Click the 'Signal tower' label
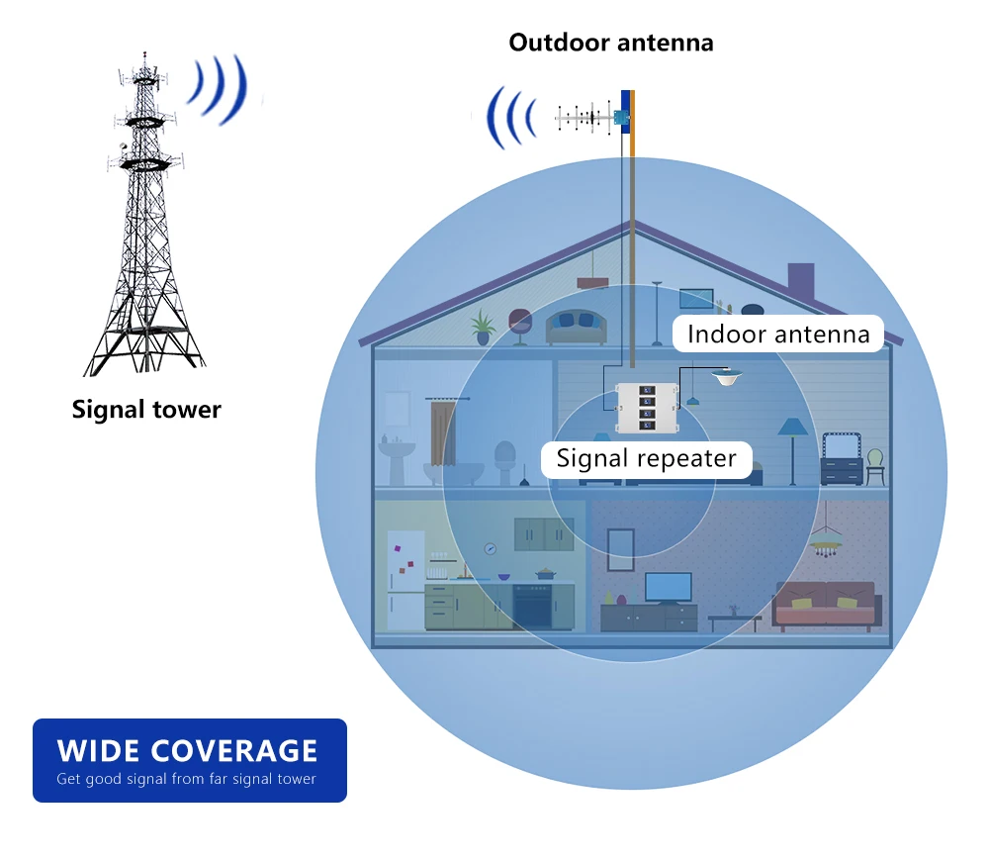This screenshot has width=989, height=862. pyautogui.click(x=146, y=409)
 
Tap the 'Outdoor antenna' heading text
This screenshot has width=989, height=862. pyautogui.click(x=610, y=43)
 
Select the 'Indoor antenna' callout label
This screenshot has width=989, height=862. pyautogui.click(x=778, y=334)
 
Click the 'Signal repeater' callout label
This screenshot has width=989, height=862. pyautogui.click(x=646, y=458)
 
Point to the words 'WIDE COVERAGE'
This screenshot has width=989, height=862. pyautogui.click(x=187, y=749)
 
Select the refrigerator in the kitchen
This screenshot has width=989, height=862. pyautogui.click(x=405, y=579)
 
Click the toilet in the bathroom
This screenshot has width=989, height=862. pyautogui.click(x=505, y=461)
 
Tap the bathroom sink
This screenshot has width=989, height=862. pyautogui.click(x=398, y=456)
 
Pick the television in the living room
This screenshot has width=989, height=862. pyautogui.click(x=669, y=587)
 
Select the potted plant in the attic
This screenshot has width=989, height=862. pyautogui.click(x=483, y=326)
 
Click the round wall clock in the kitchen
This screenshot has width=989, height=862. pyautogui.click(x=490, y=548)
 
